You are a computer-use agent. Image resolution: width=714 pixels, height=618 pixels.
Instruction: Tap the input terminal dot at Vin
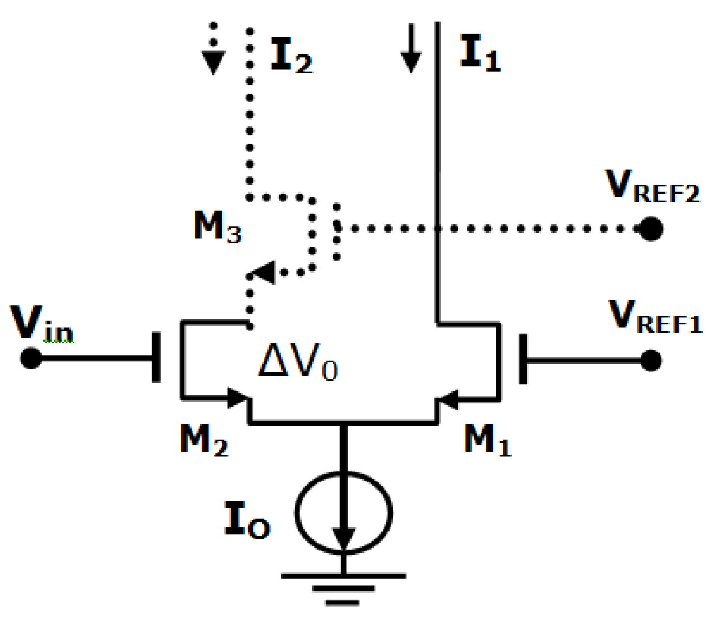pos(30,358)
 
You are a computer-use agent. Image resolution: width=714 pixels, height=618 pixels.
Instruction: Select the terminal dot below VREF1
pos(651,360)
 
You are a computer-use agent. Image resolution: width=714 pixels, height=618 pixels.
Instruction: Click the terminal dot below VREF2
pos(651,229)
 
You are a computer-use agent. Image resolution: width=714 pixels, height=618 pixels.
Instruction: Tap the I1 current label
pos(480,53)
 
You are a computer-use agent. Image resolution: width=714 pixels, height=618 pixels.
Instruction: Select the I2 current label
pos(291,56)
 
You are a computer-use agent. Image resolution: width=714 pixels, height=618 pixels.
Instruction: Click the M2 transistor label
pos(204,440)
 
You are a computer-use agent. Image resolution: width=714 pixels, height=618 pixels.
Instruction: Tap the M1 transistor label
pos(487,440)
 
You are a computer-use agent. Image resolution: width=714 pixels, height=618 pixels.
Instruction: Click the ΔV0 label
pos(298,362)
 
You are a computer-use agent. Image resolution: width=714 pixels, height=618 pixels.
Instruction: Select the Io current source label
pos(247,520)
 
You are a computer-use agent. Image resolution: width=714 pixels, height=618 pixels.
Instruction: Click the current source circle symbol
pos(343,513)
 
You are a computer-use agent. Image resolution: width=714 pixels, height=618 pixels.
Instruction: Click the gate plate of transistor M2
pos(156,358)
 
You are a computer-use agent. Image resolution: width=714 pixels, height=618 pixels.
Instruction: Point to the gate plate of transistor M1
pos(523,359)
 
